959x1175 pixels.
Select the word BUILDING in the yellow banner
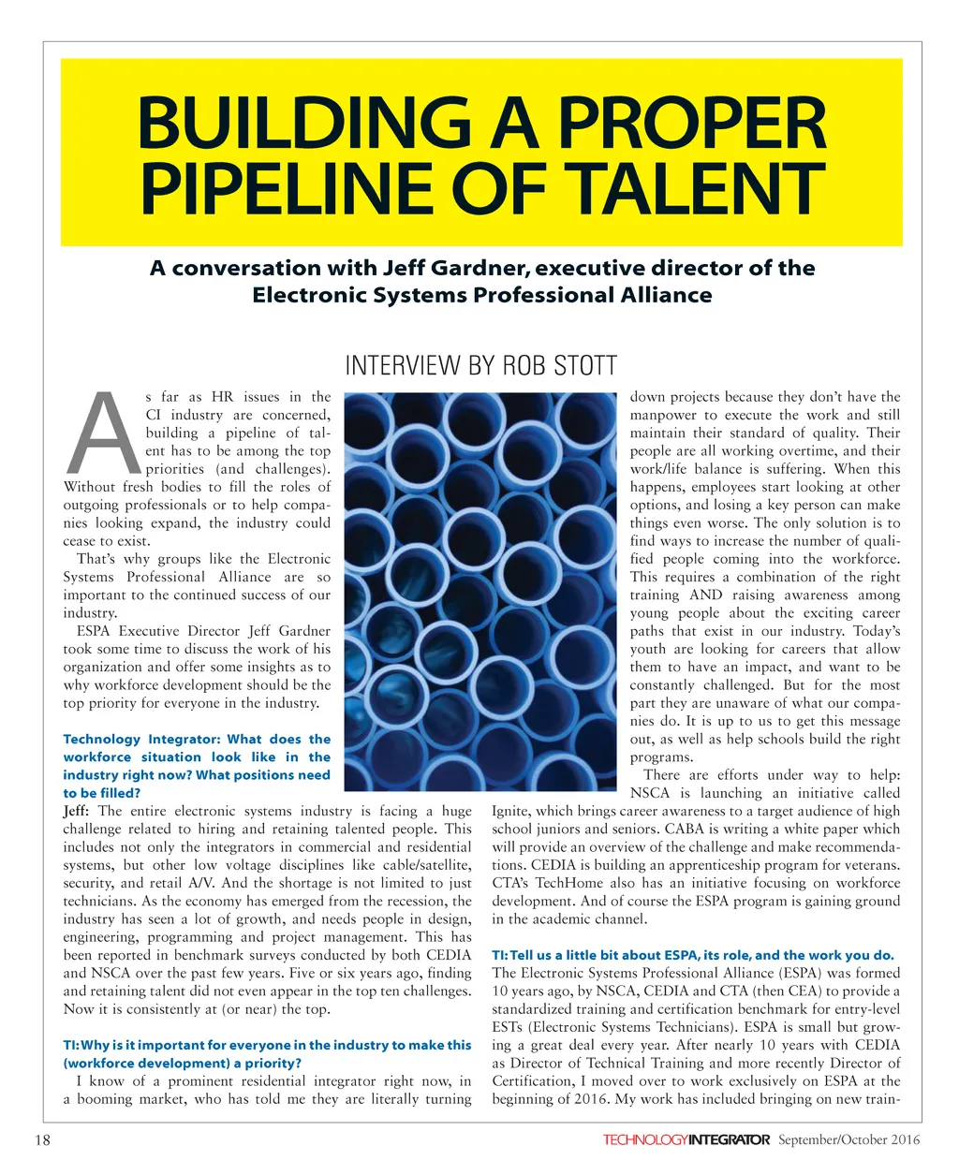(302, 123)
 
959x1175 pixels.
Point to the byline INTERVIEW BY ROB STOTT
(481, 365)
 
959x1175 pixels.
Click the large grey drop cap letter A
(104, 433)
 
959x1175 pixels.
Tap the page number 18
(42, 1139)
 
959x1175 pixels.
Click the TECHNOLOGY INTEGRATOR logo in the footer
(686, 1139)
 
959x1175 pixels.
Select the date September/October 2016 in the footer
(849, 1139)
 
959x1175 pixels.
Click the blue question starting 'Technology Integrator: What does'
(197, 766)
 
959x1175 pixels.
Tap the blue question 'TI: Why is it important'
(267, 1054)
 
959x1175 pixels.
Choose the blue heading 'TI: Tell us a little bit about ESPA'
(693, 955)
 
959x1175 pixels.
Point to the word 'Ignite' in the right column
(511, 811)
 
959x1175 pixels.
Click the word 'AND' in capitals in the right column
(705, 595)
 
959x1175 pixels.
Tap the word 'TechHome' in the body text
(561, 883)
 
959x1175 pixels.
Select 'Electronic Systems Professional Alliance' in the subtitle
(481, 295)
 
